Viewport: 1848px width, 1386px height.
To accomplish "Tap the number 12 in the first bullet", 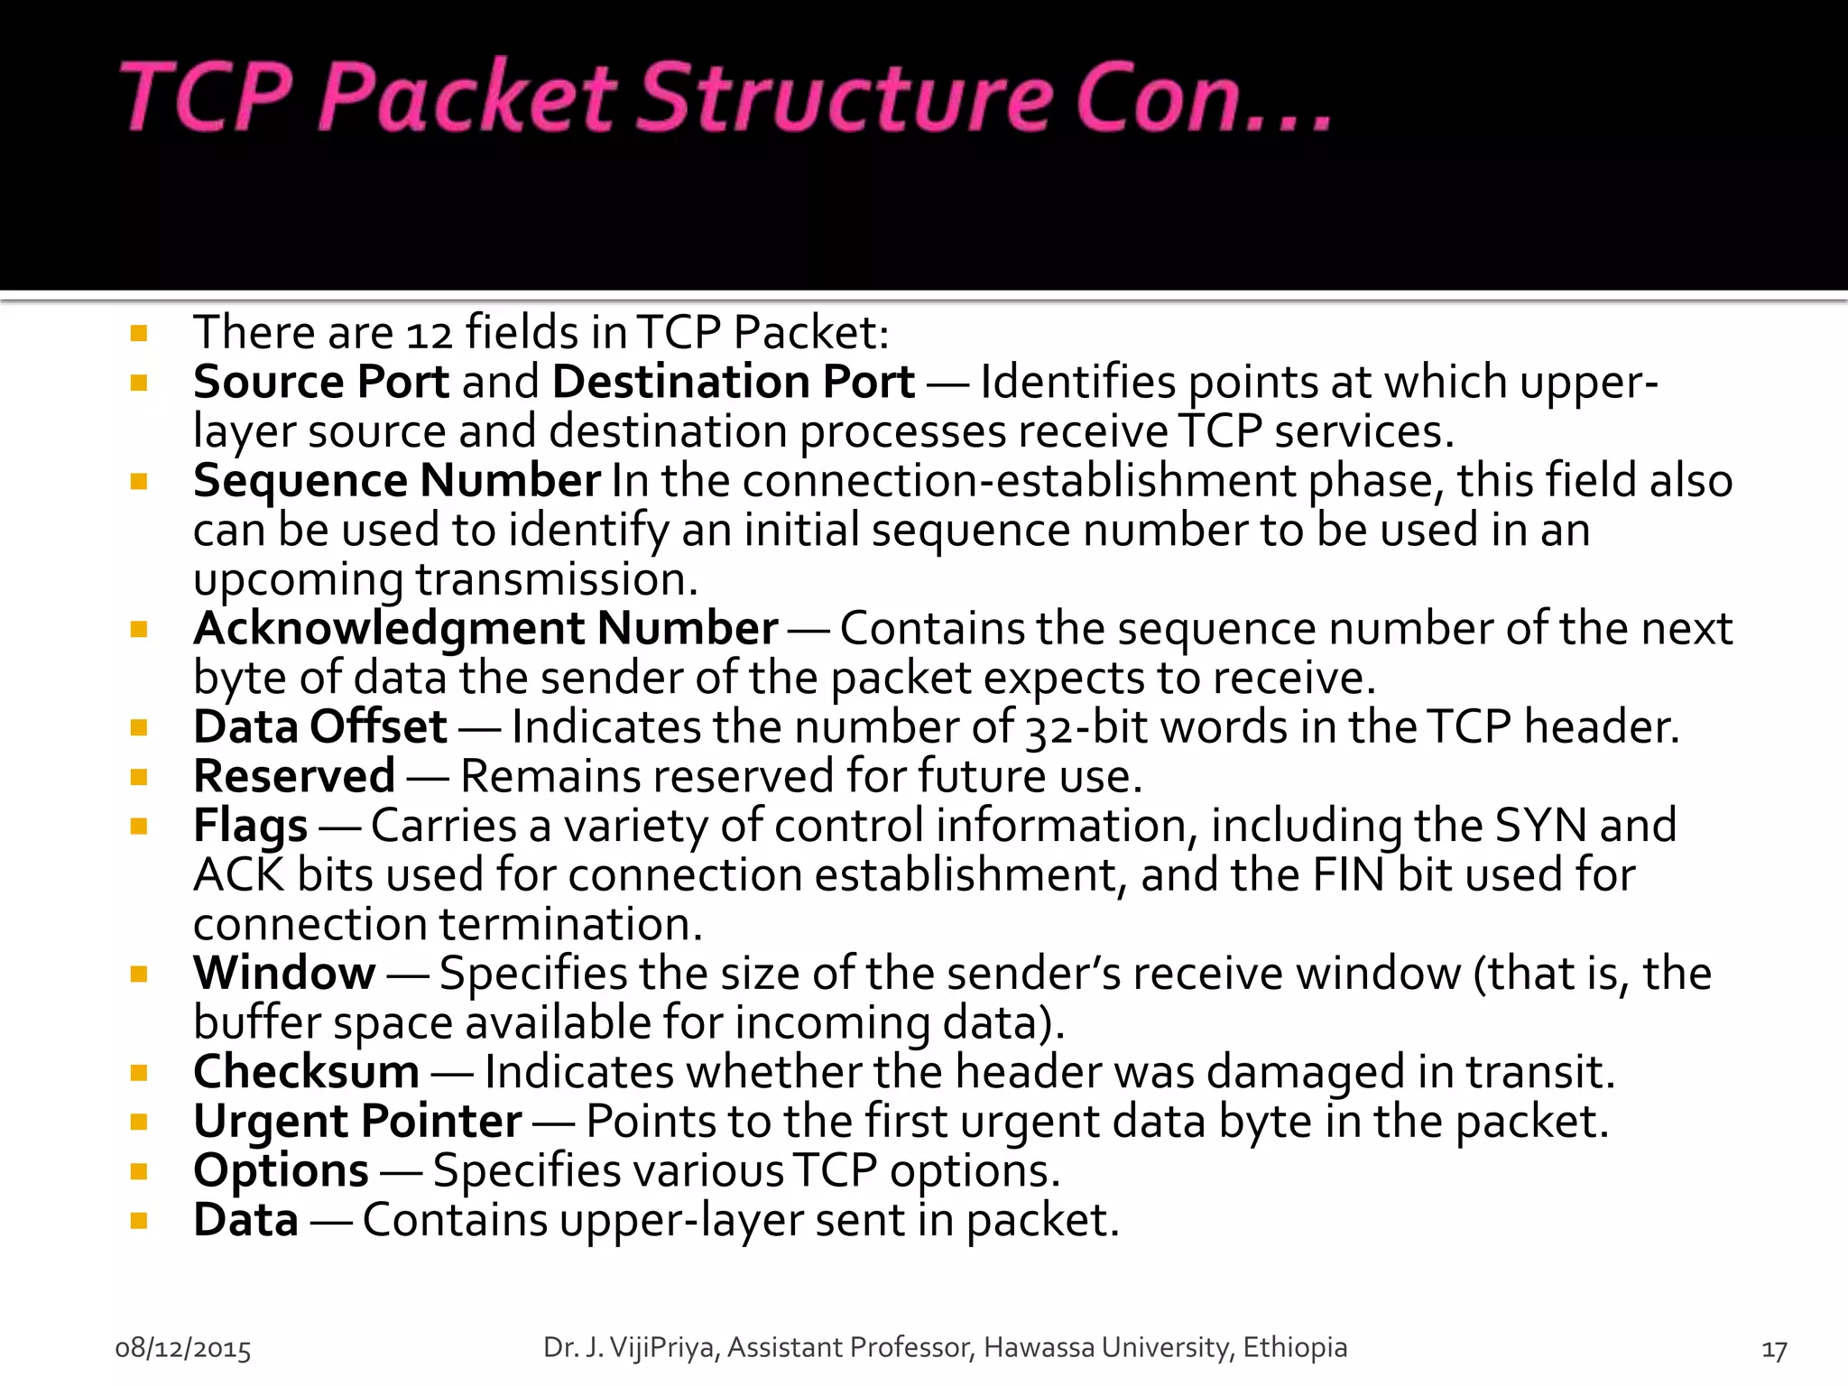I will click(429, 334).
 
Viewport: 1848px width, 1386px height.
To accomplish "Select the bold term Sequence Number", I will click(396, 480).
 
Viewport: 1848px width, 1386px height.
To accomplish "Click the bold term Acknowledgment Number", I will click(485, 628).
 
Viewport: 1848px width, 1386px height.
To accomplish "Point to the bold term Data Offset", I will click(319, 727).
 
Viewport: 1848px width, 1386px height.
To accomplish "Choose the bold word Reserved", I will click(294, 776).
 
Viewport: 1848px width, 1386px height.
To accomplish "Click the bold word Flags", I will click(250, 826).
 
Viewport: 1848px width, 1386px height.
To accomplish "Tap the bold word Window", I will click(284, 973).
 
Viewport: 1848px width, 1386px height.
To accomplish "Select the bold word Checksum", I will click(306, 1072).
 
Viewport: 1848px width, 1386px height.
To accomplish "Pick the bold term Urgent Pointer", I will click(357, 1122).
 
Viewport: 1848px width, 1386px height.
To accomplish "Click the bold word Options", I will click(281, 1170).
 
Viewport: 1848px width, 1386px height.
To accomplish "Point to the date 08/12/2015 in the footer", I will click(183, 1348).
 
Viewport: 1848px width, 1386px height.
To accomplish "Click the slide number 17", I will click(1774, 1350).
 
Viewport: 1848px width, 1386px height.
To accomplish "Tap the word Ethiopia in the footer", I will click(1295, 1347).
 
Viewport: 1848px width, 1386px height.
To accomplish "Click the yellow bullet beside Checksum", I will click(139, 1073).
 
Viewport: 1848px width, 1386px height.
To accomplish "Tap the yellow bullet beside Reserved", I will click(139, 777).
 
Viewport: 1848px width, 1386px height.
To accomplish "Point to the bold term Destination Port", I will click(733, 382).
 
